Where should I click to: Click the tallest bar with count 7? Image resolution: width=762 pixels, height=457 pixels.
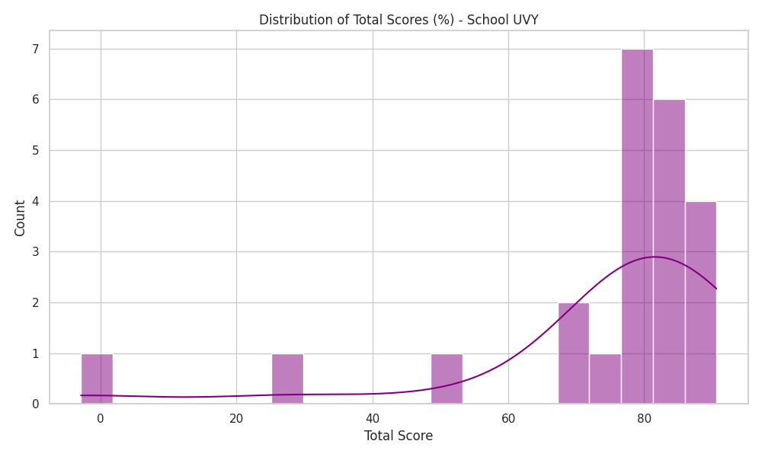pos(637,226)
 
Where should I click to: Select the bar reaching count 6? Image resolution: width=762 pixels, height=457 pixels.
pos(669,251)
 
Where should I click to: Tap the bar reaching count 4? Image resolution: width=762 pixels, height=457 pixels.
pos(701,302)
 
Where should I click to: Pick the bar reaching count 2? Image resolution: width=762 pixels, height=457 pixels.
pos(574,353)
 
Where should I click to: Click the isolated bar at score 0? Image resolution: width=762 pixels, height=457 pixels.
pos(97,379)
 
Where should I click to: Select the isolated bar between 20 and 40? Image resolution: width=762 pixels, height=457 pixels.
pos(287,379)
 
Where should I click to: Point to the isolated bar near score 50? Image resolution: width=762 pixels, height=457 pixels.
pos(447,379)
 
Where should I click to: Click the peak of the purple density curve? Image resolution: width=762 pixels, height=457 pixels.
pos(655,257)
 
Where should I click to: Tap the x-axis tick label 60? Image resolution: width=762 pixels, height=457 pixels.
pos(508,419)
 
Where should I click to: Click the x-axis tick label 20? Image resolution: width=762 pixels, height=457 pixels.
pos(236,419)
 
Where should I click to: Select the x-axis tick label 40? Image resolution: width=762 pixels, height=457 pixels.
pos(373,419)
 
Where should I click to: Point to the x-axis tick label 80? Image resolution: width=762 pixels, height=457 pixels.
pos(645,419)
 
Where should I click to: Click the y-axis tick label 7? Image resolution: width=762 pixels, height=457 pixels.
pos(36,49)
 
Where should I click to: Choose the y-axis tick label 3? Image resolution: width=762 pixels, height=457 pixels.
pos(36,252)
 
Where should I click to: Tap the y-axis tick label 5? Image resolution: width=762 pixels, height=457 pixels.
pos(36,151)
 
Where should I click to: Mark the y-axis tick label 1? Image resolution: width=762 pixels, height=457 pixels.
pos(36,353)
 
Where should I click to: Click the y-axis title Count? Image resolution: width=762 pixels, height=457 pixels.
pos(20,218)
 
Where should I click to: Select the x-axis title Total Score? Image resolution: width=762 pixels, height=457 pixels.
pos(399,436)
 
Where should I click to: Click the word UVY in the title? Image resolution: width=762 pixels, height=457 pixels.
pos(525,20)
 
